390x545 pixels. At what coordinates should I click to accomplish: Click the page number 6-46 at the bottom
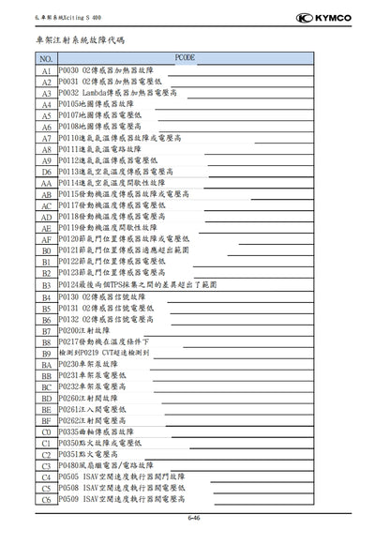195,517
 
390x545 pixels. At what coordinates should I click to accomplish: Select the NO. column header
43,58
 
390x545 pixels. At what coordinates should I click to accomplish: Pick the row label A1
44,70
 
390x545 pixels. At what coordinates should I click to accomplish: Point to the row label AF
44,239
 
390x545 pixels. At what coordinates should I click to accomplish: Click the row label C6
44,499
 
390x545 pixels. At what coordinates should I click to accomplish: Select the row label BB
44,375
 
